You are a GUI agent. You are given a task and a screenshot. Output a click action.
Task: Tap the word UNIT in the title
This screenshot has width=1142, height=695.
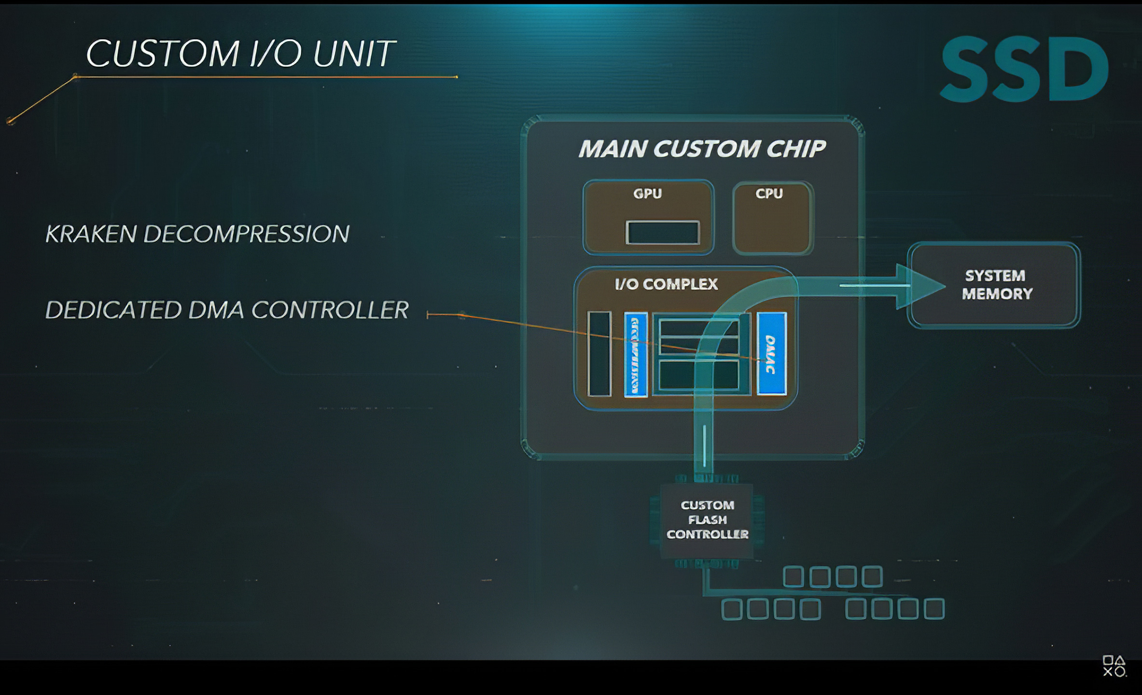tap(354, 53)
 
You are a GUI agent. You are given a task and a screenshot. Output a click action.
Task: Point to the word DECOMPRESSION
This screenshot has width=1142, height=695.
tap(246, 234)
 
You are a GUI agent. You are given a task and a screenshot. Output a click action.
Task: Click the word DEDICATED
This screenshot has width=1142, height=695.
tap(112, 310)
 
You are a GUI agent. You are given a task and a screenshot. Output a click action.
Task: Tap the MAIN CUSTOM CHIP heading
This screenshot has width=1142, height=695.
tap(702, 149)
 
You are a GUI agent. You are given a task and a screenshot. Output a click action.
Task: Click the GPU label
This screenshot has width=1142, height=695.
tap(647, 194)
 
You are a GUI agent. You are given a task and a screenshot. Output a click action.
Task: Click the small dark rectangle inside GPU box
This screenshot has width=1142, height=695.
tap(662, 233)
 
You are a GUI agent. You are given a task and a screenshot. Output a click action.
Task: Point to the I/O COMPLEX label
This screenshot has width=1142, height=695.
tap(667, 284)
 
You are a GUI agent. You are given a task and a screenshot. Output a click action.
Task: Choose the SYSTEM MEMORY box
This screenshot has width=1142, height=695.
tap(994, 285)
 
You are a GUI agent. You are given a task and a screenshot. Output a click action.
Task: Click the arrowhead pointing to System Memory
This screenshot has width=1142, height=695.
tap(919, 286)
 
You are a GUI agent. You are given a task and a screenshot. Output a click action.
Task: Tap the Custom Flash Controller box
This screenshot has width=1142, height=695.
tap(707, 520)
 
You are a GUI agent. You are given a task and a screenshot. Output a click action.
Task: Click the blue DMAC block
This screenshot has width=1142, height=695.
tap(771, 354)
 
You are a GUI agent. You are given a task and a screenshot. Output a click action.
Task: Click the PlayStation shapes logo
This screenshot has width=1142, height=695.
tap(1114, 666)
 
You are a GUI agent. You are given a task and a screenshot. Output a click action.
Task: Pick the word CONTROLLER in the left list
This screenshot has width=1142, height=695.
tap(330, 310)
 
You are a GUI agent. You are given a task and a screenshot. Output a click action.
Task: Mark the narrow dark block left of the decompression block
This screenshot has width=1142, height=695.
tap(599, 354)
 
